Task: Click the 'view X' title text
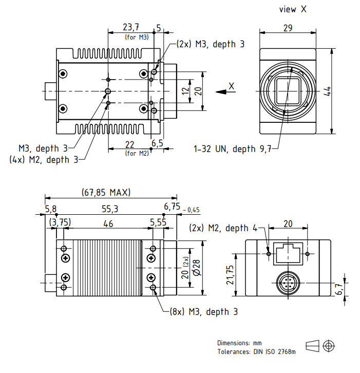click(293, 9)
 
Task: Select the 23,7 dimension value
click(131, 27)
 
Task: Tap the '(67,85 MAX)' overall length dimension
click(106, 193)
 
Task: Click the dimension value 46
click(108, 223)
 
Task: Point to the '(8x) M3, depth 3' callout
click(203, 312)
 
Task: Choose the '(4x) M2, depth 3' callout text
click(44, 160)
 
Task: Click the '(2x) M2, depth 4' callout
click(223, 228)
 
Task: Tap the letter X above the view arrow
click(232, 86)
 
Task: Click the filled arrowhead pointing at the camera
click(221, 92)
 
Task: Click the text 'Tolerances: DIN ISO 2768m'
click(256, 351)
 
